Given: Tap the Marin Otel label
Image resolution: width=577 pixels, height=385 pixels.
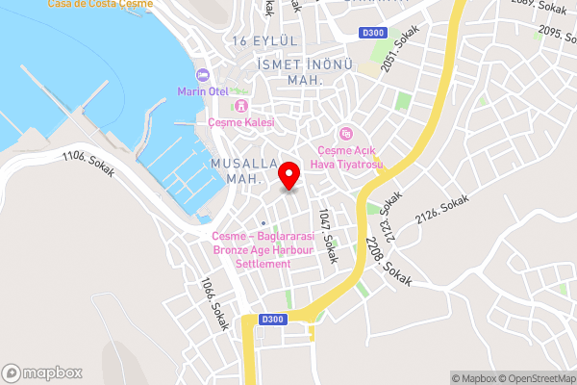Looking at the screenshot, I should point(200,91).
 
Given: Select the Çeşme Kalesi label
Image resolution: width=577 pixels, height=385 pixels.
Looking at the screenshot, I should point(241,122).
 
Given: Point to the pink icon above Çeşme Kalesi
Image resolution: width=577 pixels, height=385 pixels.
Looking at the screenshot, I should point(241,106).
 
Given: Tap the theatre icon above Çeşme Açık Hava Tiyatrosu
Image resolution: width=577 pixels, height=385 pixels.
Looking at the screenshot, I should point(346,133).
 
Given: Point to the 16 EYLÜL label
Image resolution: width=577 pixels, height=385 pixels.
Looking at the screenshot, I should point(265,40).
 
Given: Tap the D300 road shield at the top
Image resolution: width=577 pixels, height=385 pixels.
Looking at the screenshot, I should point(373,34).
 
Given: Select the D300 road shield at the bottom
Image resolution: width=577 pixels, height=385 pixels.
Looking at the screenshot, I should point(273,320).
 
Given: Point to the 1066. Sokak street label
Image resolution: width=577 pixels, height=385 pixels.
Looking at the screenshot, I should point(213,304).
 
